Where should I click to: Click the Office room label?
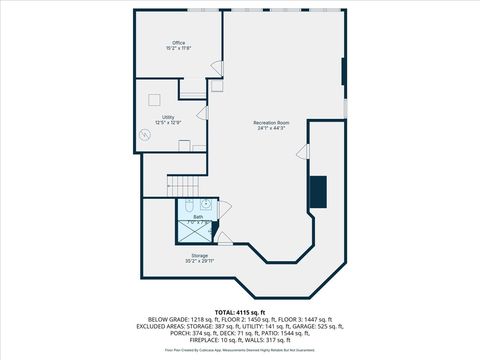coord(178,44)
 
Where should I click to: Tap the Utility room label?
coord(168,118)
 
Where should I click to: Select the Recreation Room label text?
coord(270,125)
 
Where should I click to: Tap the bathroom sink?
coord(206,205)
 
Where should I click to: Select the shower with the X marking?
coord(194,232)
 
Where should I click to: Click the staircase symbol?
coord(182,185)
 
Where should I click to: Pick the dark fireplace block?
coord(318,190)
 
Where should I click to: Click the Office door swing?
coord(216,68)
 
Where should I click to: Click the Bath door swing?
coord(223,208)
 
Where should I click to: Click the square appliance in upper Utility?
coord(154,99)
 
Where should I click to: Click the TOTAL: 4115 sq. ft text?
coord(240,313)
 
